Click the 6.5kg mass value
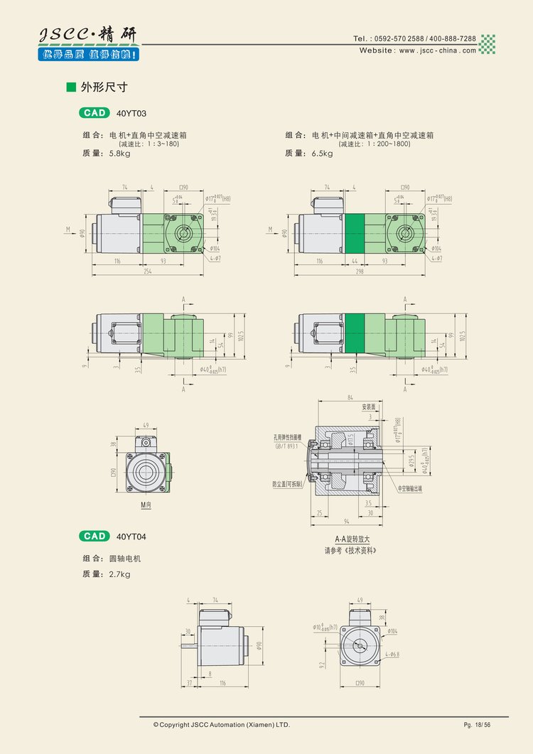point(321,154)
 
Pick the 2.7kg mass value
point(120,574)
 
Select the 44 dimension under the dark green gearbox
point(354,262)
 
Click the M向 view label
point(146,505)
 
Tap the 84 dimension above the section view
point(350,398)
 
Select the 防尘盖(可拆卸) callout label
point(287,484)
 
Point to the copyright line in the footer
point(222,724)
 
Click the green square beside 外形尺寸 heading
point(70,87)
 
